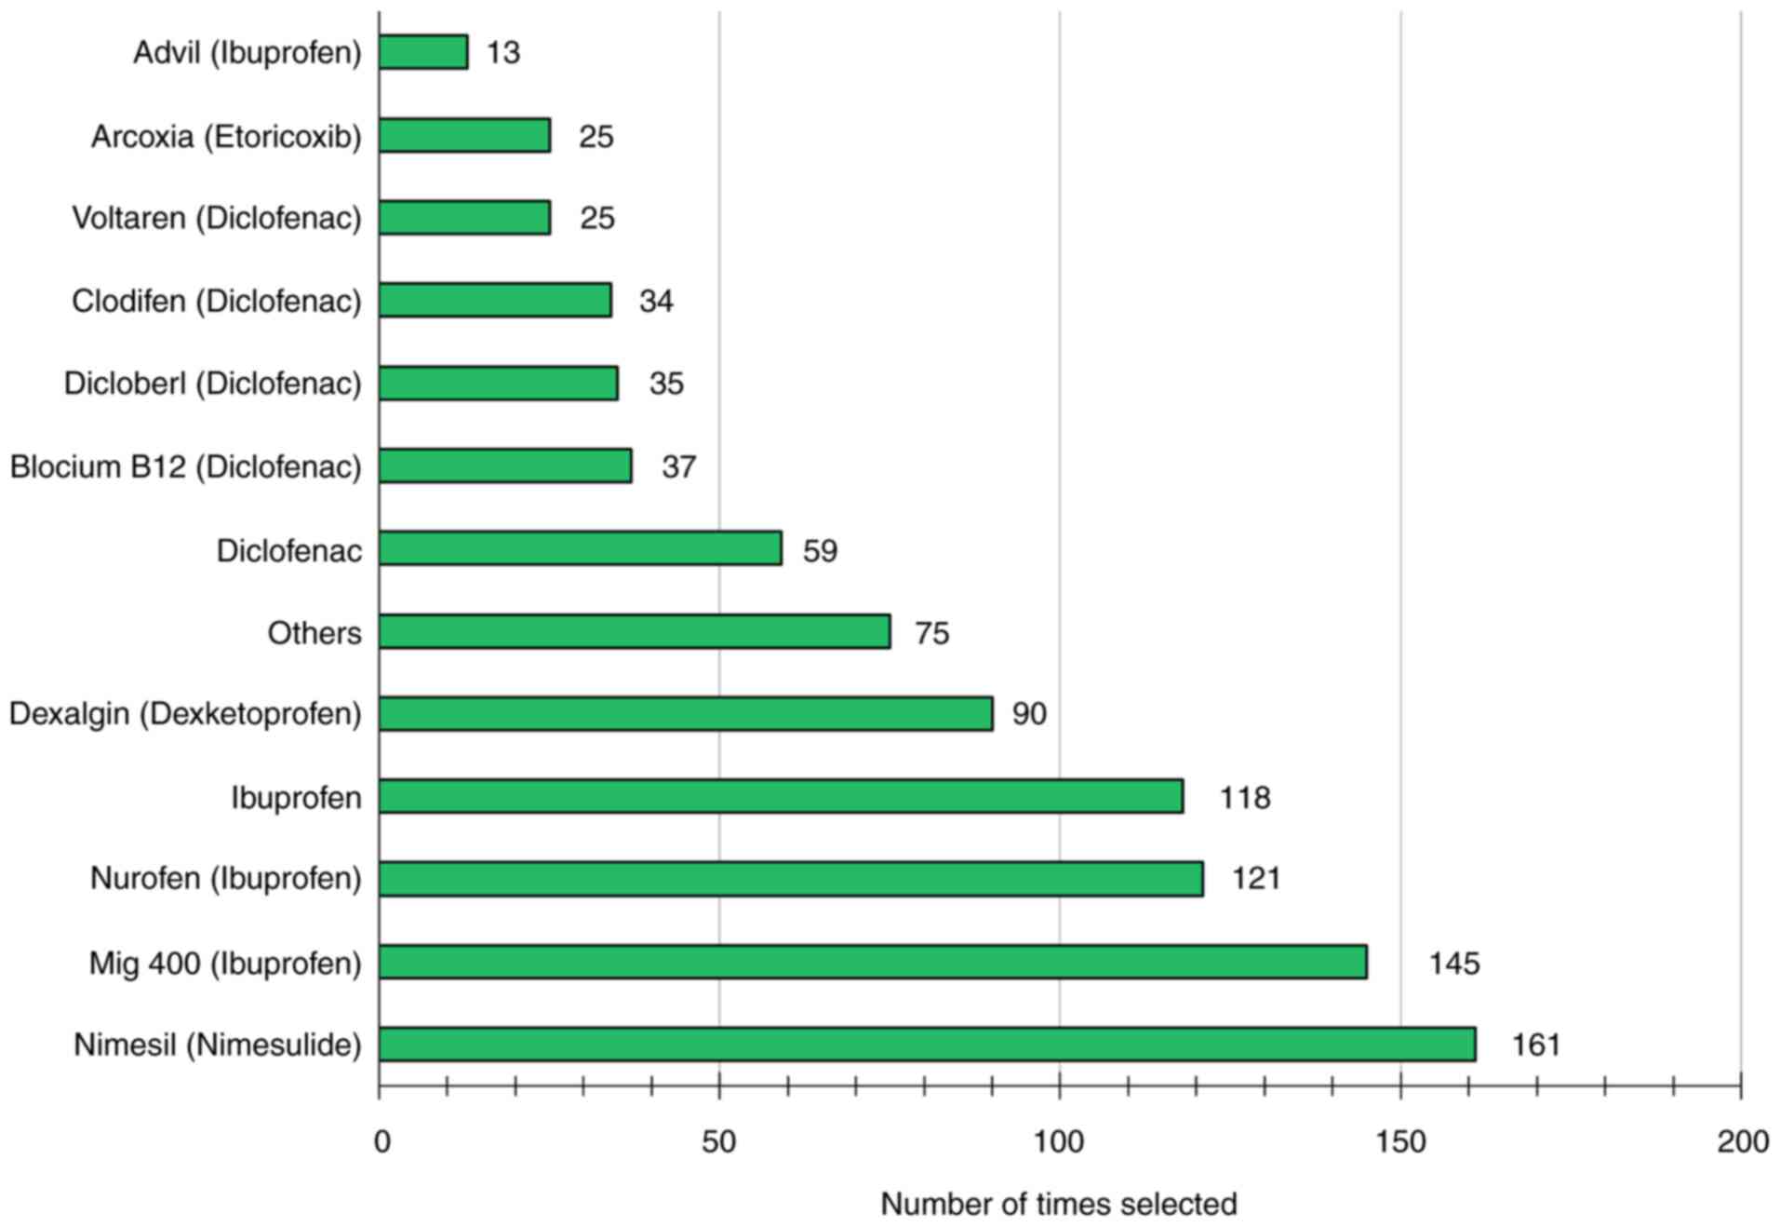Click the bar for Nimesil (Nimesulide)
(927, 1044)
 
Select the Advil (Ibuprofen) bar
(423, 52)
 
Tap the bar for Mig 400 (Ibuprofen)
(873, 962)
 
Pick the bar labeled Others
(635, 631)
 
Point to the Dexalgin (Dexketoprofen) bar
(686, 713)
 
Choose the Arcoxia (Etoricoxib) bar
(464, 135)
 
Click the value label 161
(1535, 1045)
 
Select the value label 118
(1245, 798)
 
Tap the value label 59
(820, 550)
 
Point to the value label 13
(503, 53)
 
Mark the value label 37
(678, 466)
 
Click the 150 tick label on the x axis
(1399, 1141)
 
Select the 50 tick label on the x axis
(718, 1141)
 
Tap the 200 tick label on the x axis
(1742, 1141)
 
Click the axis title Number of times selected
(1058, 1204)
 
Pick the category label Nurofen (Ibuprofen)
(225, 878)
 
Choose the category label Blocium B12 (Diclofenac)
(185, 466)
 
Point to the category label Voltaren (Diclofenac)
(217, 218)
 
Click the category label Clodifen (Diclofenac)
(217, 301)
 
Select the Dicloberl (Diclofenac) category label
(212, 384)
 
